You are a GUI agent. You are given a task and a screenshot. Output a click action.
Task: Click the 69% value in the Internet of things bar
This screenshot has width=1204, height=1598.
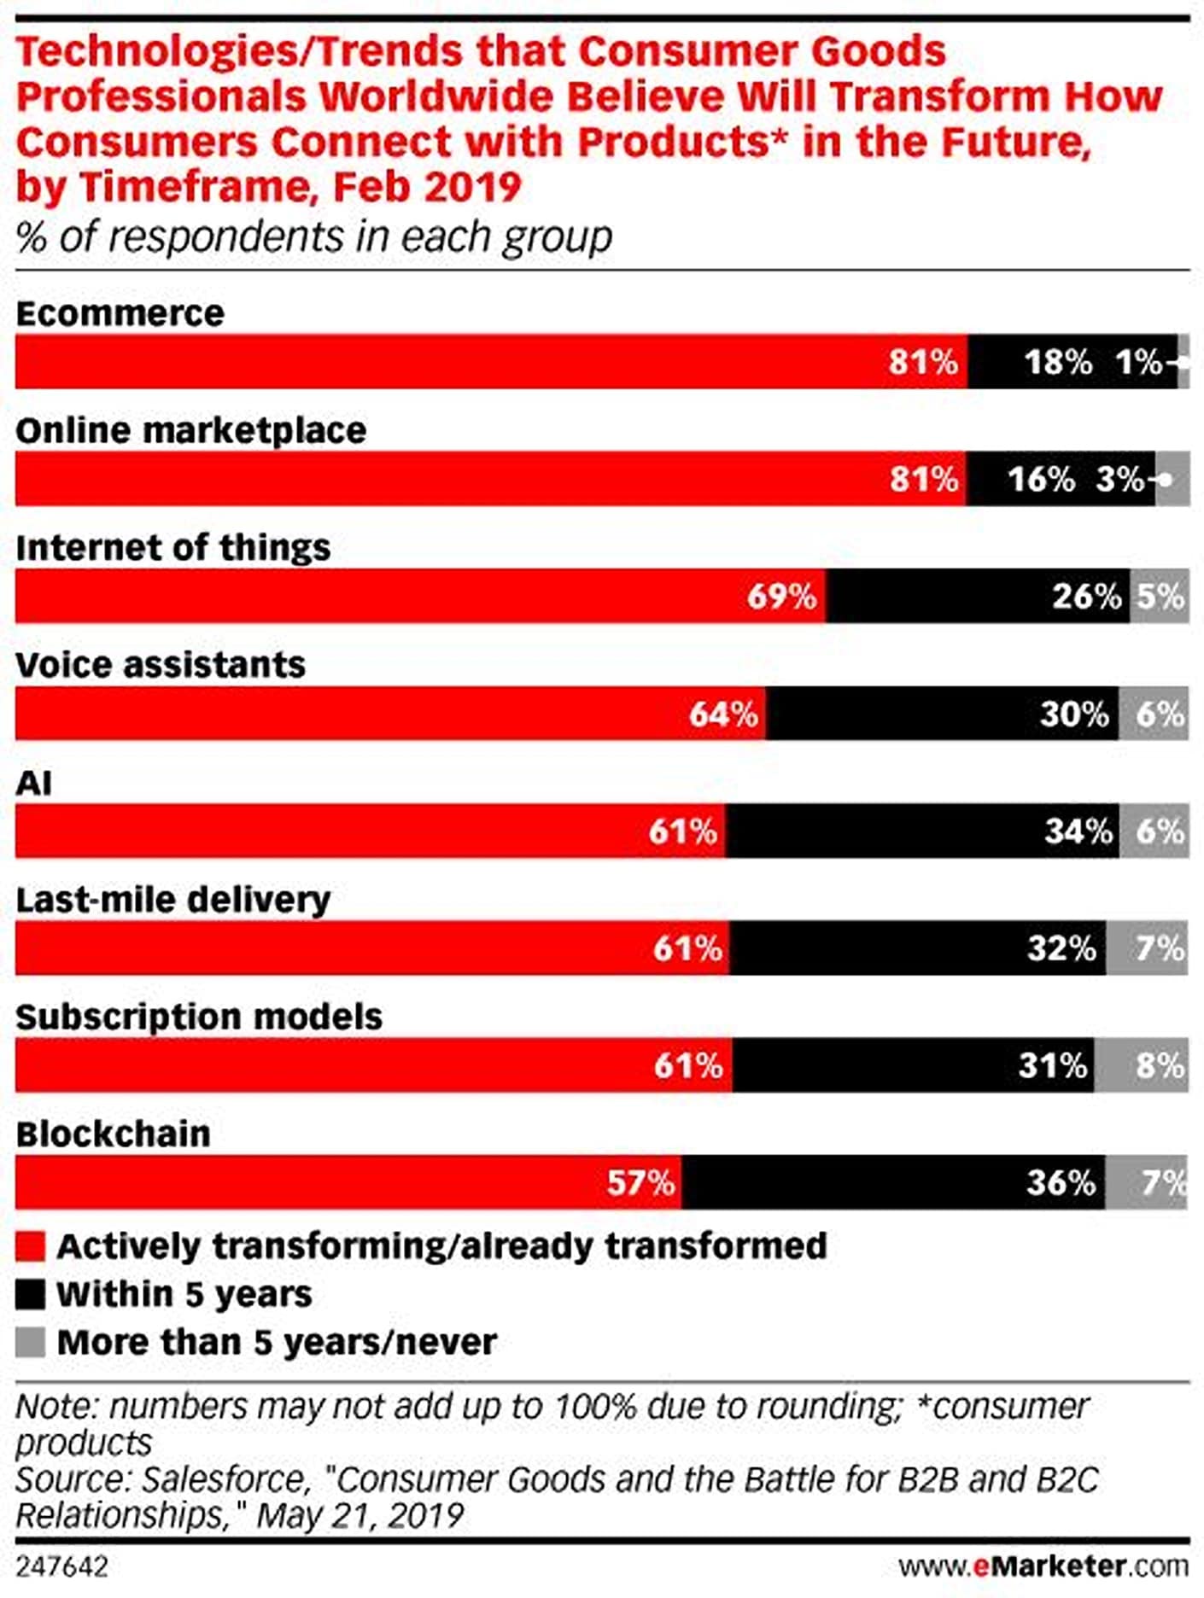click(781, 596)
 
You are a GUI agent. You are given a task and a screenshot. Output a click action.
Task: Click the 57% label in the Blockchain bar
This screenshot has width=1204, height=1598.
click(640, 1182)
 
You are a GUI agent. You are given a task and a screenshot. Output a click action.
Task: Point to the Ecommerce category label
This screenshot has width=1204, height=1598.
click(120, 313)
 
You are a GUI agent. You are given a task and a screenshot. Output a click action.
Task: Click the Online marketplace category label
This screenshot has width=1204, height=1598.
click(190, 430)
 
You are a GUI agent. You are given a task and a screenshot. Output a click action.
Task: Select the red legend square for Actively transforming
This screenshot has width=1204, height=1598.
click(30, 1246)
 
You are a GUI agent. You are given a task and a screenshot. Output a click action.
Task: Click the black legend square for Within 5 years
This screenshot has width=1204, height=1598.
click(30, 1294)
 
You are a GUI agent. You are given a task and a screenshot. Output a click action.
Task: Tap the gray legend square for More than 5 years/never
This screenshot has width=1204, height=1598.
click(30, 1342)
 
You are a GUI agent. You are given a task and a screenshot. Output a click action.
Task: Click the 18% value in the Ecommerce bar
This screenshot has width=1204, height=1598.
click(1058, 362)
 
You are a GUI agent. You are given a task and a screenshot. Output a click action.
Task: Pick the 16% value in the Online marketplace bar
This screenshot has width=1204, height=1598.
click(1041, 479)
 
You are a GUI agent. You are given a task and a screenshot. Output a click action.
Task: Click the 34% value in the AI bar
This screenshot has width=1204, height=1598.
click(1078, 831)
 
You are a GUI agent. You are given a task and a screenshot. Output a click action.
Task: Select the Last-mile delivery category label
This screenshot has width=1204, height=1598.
click(172, 900)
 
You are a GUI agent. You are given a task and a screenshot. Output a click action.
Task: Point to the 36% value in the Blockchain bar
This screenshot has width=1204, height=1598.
click(1060, 1182)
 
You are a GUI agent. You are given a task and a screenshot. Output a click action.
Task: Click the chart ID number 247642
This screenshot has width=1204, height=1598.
click(61, 1566)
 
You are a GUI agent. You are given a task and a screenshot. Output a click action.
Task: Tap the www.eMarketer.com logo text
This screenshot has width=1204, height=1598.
click(1043, 1566)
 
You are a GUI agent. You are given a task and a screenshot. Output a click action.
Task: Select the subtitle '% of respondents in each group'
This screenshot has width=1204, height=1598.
click(313, 236)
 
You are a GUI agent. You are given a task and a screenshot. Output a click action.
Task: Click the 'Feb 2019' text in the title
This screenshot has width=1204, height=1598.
click(426, 186)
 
